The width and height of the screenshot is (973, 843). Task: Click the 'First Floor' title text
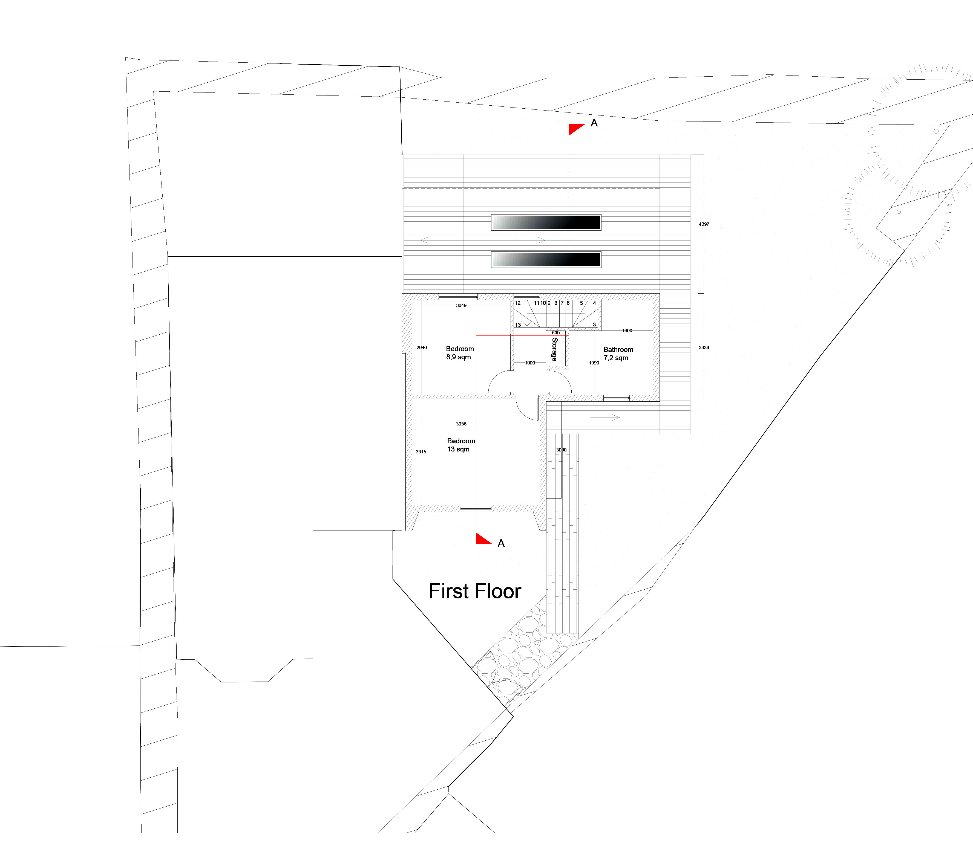coord(475,591)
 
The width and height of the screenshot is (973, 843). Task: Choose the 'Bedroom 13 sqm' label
coord(461,445)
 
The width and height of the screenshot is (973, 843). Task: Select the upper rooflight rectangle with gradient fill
coord(546,222)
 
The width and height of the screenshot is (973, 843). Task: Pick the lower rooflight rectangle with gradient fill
coord(546,260)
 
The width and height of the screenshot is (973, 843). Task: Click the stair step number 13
coord(518,325)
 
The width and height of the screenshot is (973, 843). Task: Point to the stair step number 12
coord(518,303)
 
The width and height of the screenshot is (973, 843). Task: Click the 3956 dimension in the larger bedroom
coord(461,424)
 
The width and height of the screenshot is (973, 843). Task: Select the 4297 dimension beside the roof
coord(704,224)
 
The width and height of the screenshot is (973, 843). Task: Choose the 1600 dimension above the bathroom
coord(627,331)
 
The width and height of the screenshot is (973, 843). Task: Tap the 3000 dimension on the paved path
coord(561,450)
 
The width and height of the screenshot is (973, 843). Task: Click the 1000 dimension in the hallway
coord(530,363)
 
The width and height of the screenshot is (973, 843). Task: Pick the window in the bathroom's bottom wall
coord(617,398)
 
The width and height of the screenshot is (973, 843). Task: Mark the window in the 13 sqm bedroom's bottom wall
coord(476,509)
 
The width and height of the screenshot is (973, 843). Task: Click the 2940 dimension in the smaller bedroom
coord(422,348)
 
